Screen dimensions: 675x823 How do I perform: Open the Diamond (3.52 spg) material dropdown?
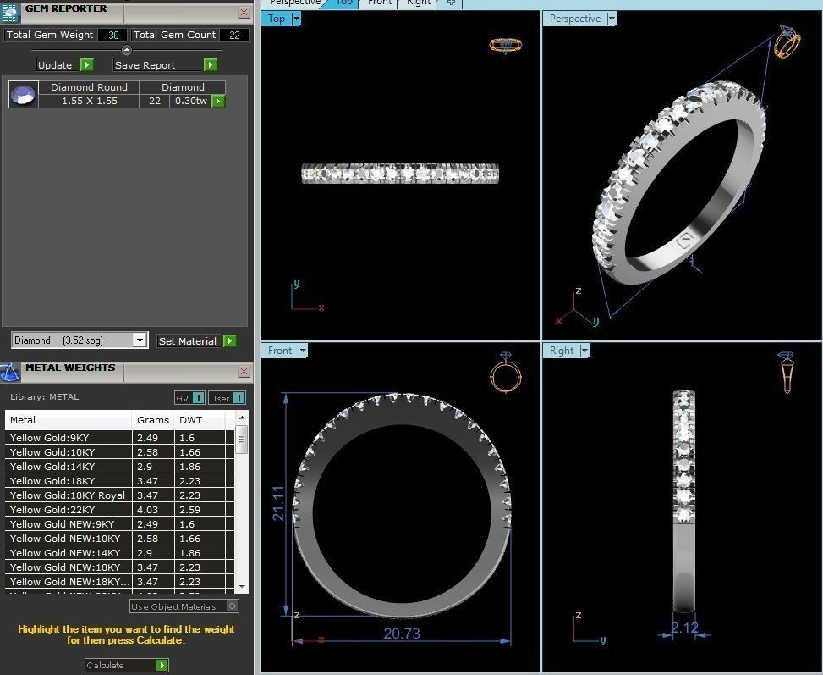pos(140,340)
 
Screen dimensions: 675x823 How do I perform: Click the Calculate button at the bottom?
pos(126,666)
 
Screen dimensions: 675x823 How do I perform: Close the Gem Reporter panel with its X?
pos(244,12)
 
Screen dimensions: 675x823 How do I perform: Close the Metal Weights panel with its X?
pos(244,371)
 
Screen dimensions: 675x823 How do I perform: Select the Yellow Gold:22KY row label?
pos(52,510)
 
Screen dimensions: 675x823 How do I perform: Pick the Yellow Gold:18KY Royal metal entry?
pos(68,495)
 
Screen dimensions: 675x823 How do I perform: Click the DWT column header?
pos(191,420)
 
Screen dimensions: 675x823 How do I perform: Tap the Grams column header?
pos(153,420)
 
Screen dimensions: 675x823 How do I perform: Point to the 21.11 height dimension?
pos(278,503)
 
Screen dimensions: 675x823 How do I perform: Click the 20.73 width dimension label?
pos(401,633)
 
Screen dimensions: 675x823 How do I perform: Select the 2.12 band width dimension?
pos(684,628)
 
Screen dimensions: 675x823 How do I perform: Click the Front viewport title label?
pos(280,351)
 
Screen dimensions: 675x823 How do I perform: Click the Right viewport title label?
pos(562,351)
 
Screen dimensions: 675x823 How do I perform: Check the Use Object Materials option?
pos(233,606)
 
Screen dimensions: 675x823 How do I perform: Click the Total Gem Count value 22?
pos(233,35)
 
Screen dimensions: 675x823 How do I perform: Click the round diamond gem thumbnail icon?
pos(24,94)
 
